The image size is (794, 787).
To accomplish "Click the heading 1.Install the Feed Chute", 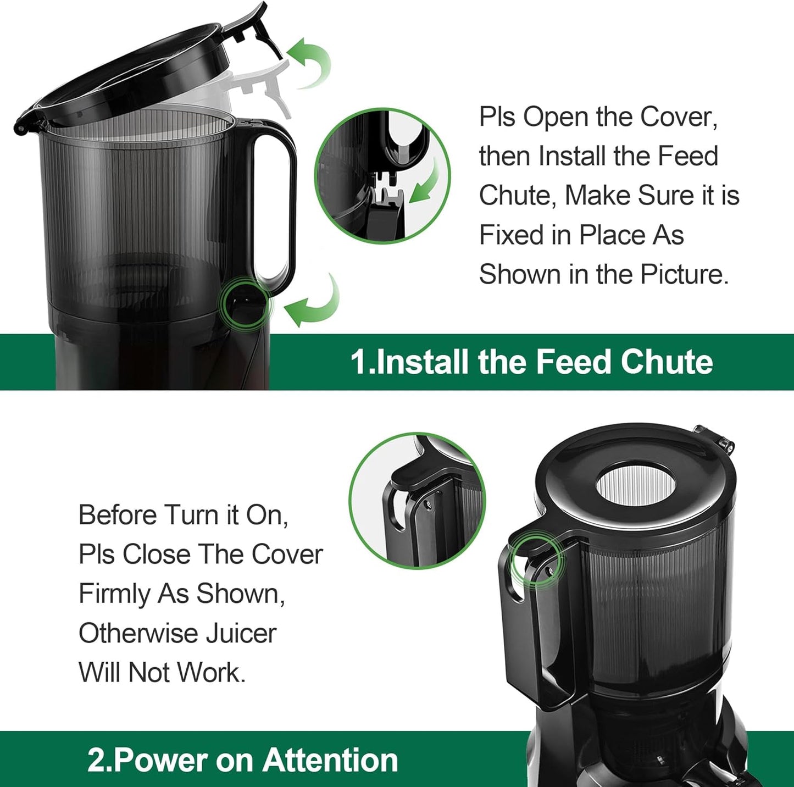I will coord(531,362).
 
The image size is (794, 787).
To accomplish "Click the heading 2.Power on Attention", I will coord(242,760).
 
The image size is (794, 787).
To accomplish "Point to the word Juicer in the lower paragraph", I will coord(241,633).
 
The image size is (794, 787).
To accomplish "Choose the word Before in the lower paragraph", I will coord(118,515).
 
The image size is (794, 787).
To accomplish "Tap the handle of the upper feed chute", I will coord(275,203).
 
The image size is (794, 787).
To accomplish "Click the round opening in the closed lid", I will coord(636,486).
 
